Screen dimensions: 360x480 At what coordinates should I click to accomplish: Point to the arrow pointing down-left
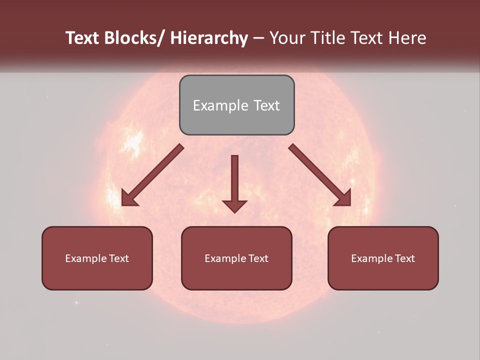pyautogui.click(x=152, y=175)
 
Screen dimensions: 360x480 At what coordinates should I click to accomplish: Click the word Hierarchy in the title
pyautogui.click(x=209, y=38)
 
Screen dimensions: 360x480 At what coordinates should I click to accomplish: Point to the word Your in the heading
pyautogui.click(x=286, y=38)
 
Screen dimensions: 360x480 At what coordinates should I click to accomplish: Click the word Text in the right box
pyautogui.click(x=404, y=258)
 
